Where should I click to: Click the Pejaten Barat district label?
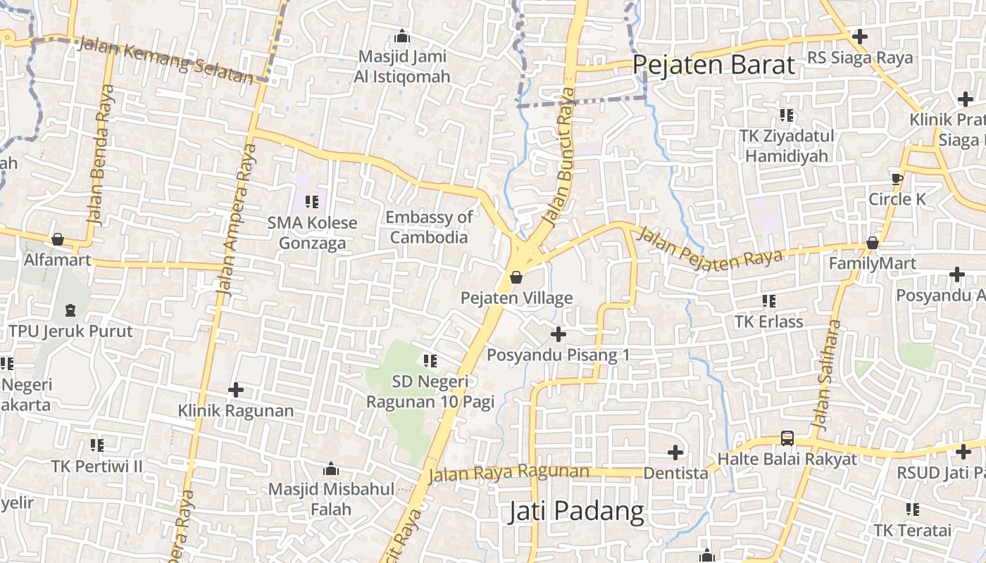(x=713, y=65)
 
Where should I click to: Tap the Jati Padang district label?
(x=576, y=512)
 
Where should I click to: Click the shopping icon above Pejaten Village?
(x=516, y=277)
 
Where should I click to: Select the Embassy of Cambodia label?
(x=429, y=227)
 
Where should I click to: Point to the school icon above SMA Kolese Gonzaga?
(x=312, y=202)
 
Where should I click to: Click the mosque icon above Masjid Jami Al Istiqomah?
(x=403, y=35)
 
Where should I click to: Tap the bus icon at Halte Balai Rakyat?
(x=787, y=438)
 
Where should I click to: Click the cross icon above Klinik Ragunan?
(x=236, y=389)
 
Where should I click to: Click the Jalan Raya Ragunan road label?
(x=508, y=473)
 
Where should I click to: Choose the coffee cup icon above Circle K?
(x=897, y=179)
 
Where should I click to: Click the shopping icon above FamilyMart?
(x=872, y=243)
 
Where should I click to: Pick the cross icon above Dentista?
(x=675, y=452)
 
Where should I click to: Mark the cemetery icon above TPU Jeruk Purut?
(x=70, y=310)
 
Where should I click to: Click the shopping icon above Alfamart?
(x=58, y=239)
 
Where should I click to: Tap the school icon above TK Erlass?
(x=768, y=301)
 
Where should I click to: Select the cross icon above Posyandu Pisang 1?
(x=558, y=334)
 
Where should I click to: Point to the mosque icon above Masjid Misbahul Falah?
(x=330, y=469)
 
